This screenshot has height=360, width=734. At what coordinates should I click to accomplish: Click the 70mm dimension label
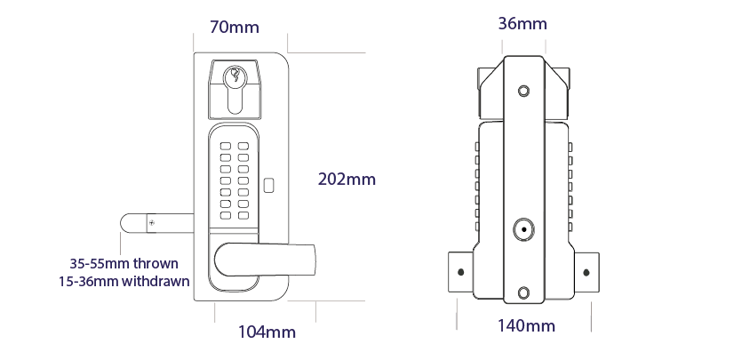[235, 27]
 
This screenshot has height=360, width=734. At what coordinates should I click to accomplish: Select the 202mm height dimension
[347, 179]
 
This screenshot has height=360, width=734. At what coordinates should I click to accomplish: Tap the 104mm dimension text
[267, 332]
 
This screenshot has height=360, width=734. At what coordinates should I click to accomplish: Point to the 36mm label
[523, 23]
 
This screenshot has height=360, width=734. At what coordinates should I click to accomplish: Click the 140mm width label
[526, 326]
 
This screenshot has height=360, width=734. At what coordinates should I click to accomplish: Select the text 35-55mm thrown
[124, 264]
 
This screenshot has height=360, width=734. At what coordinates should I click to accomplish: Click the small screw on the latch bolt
[152, 221]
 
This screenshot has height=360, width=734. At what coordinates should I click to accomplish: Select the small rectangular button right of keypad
[269, 187]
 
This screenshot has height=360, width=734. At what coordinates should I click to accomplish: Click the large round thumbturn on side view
[524, 230]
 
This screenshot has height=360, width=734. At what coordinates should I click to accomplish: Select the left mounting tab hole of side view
[460, 272]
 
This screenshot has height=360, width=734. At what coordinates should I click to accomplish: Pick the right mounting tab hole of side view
[586, 272]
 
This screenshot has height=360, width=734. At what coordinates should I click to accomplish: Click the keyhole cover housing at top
[235, 89]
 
